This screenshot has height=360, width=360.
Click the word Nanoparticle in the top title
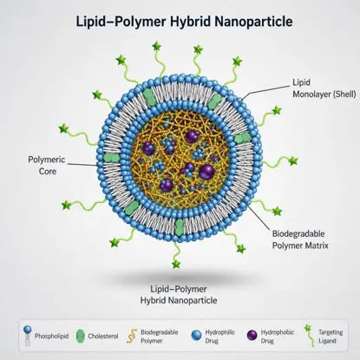pyautogui.click(x=254, y=22)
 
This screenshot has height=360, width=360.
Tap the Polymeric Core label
pyautogui.click(x=47, y=166)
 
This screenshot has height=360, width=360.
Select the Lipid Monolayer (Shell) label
pyautogui.click(x=324, y=88)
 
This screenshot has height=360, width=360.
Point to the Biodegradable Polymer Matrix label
pyautogui.click(x=300, y=239)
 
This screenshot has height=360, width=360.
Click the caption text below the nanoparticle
pyautogui.click(x=179, y=295)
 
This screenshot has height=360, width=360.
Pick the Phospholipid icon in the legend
pyautogui.click(x=28, y=336)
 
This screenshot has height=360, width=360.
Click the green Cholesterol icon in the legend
pyautogui.click(x=80, y=336)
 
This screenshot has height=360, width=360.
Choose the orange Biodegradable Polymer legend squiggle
pyautogui.click(x=132, y=336)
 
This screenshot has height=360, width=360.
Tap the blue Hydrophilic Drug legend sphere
pyautogui.click(x=196, y=336)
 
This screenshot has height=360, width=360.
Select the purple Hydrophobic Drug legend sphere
pyautogui.click(x=252, y=336)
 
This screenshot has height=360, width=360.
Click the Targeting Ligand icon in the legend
pyautogui.click(x=309, y=336)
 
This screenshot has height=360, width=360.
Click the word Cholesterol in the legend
pyautogui.click(x=103, y=337)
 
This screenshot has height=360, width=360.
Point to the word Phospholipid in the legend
pyautogui.click(x=52, y=337)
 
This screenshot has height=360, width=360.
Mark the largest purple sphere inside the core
pyautogui.click(x=206, y=172)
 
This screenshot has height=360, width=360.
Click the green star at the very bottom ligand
pyautogui.click(x=176, y=264)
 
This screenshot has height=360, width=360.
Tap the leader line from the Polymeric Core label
pyautogui.click(x=82, y=165)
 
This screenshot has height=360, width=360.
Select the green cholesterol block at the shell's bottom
pyautogui.click(x=179, y=227)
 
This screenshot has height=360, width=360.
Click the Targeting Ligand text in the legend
pyautogui.click(x=331, y=337)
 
